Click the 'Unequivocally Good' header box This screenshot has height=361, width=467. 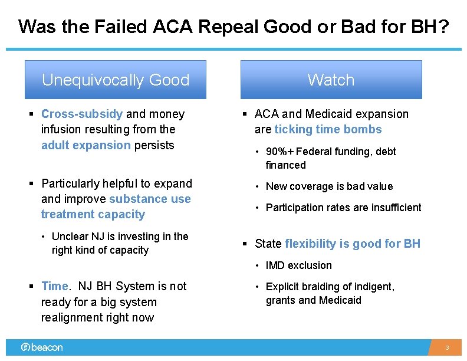115,80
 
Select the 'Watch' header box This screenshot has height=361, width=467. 331,80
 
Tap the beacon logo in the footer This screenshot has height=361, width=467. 42,347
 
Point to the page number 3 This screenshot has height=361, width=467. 447,348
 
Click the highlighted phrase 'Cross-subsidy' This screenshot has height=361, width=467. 82,114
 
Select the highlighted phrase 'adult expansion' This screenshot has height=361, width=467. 86,145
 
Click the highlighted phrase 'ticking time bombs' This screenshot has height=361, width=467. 336,130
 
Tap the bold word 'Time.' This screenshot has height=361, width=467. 56,286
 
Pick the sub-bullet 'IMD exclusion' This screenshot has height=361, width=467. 298,265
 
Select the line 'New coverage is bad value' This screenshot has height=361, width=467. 329,186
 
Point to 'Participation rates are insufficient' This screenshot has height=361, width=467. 343,208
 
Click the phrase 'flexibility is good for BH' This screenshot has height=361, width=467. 353,244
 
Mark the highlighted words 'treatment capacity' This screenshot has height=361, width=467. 93,214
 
